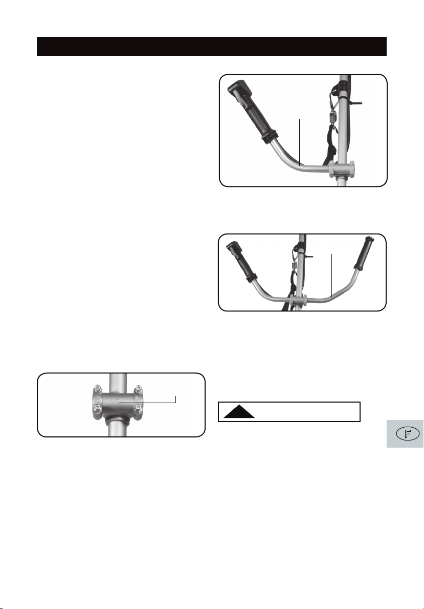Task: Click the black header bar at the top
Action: [x=211, y=46]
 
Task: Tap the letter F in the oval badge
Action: [x=407, y=433]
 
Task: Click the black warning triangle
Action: [x=239, y=411]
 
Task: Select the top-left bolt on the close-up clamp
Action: [x=98, y=388]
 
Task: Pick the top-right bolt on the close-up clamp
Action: [x=138, y=388]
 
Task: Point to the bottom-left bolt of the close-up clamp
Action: [x=98, y=408]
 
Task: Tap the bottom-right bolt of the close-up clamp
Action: [x=138, y=408]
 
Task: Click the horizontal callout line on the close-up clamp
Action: [x=147, y=403]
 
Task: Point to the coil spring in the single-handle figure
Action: [x=332, y=117]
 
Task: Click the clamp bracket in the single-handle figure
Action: [x=341, y=170]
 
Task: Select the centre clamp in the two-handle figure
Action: [x=298, y=300]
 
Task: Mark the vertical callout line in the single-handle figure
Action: [x=300, y=142]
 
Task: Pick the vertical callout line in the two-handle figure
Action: [x=331, y=276]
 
